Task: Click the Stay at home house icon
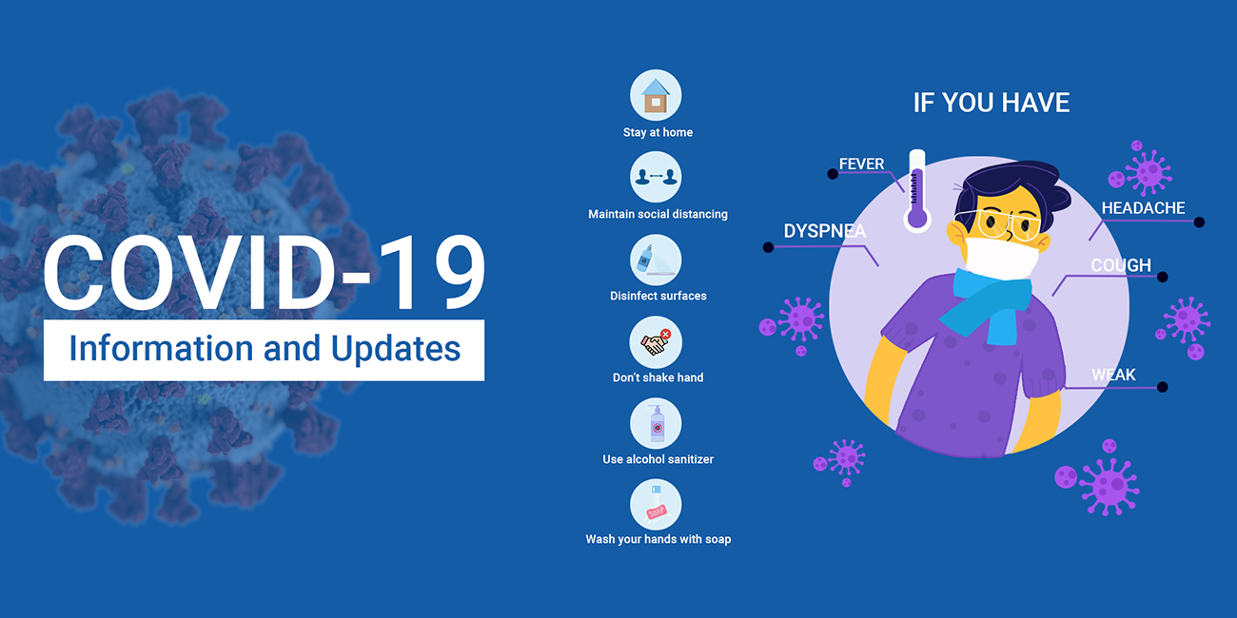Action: (656, 95)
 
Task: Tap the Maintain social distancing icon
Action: (656, 177)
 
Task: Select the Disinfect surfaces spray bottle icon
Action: (656, 260)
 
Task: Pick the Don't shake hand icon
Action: (656, 342)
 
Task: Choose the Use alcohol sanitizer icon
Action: (656, 424)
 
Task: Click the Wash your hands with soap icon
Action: (656, 505)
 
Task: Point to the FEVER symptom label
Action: (861, 164)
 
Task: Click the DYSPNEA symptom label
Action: (824, 231)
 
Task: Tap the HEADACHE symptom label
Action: (1143, 208)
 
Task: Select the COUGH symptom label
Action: (1121, 265)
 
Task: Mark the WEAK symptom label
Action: (1113, 375)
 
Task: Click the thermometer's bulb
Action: (917, 218)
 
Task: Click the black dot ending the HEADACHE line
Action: (1199, 222)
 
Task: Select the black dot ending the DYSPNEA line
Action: (768, 247)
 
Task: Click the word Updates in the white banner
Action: (396, 349)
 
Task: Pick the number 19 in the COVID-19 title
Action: (433, 272)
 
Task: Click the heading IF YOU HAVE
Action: (992, 103)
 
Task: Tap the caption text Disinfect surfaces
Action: (658, 296)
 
